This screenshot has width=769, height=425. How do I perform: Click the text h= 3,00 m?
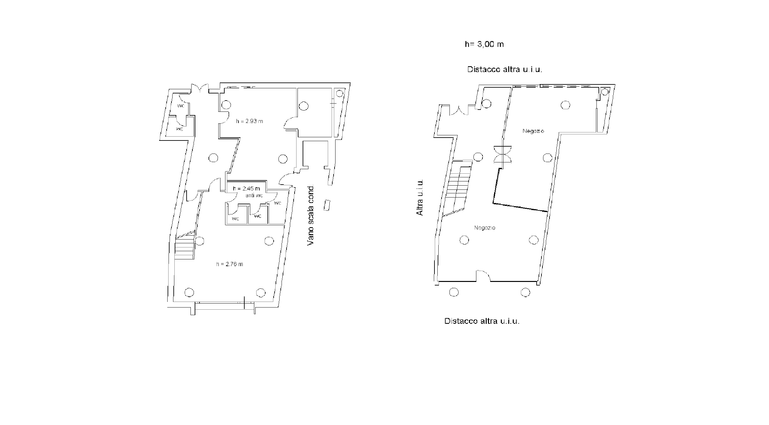click(x=484, y=44)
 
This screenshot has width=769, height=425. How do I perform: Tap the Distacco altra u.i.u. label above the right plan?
click(x=505, y=69)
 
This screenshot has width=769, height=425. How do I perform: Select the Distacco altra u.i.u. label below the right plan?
click(x=482, y=321)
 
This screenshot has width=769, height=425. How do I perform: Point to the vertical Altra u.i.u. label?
click(x=419, y=198)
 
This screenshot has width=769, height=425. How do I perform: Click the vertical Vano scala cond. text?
click(x=310, y=216)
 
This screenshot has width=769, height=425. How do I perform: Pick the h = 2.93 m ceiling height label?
click(x=249, y=121)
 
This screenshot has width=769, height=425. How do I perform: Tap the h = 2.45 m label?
click(x=246, y=188)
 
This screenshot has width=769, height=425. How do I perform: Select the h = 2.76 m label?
click(x=229, y=264)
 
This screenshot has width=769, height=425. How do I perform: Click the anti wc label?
click(x=254, y=196)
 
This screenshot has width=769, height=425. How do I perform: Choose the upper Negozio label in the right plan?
click(x=533, y=131)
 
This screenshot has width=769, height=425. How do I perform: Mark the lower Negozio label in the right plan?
click(x=484, y=228)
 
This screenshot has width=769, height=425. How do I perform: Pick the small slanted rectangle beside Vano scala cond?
click(x=327, y=205)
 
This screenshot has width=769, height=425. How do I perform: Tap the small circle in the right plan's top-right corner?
click(x=605, y=92)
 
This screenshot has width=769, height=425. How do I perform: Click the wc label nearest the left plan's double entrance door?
click(x=181, y=106)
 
